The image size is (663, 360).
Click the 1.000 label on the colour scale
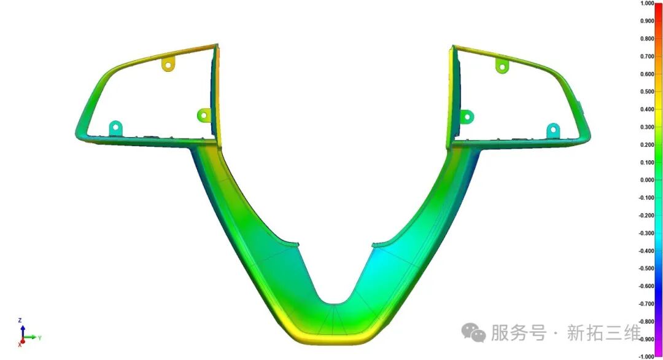click(647, 4)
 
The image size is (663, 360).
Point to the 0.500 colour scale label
click(647, 92)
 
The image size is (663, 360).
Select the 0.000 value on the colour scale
click(647, 180)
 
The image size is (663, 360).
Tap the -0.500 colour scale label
click(646, 268)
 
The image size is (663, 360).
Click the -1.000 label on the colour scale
click(646, 357)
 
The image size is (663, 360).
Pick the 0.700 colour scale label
click(647, 57)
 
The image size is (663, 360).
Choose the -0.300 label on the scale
click(646, 233)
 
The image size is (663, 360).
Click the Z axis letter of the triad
click(20, 321)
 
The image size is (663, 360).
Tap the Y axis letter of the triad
click(40, 338)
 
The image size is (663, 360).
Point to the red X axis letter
click(20, 345)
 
